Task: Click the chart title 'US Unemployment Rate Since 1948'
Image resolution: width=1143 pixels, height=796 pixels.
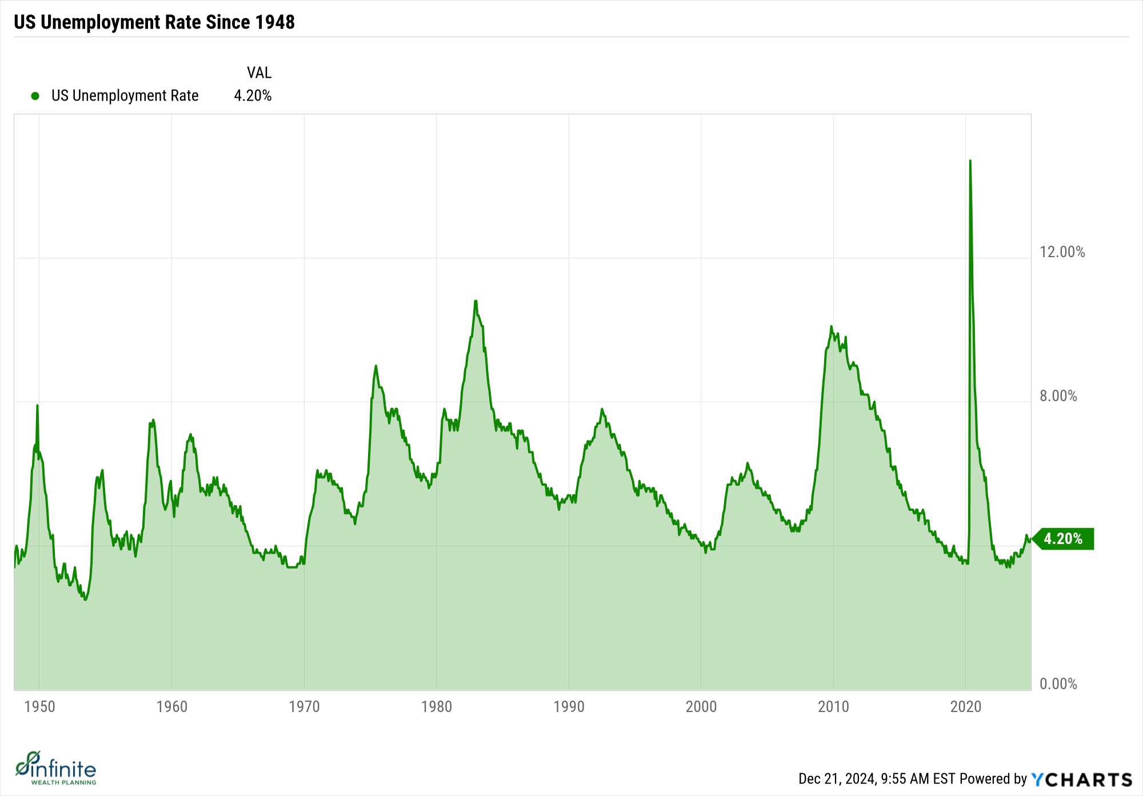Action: (x=154, y=22)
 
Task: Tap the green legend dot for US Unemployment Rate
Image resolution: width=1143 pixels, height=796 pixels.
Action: (x=35, y=96)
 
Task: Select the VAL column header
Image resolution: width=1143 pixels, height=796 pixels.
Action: (x=259, y=73)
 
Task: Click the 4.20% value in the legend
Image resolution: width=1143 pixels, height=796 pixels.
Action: (x=253, y=95)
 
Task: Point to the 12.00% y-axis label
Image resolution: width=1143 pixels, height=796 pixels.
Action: (x=1062, y=252)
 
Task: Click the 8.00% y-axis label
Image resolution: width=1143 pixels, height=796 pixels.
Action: (x=1058, y=396)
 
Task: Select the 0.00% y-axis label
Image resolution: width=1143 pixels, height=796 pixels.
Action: (x=1058, y=684)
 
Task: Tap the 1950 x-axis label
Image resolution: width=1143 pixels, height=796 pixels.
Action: (x=40, y=707)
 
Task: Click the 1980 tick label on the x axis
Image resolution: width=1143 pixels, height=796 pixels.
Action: (x=437, y=707)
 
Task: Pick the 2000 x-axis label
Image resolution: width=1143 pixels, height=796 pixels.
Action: (x=701, y=707)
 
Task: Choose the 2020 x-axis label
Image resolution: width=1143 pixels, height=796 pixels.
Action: (x=966, y=707)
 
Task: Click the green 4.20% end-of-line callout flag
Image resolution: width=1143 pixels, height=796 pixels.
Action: (x=1063, y=539)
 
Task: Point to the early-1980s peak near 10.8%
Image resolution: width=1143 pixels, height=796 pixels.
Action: (x=475, y=301)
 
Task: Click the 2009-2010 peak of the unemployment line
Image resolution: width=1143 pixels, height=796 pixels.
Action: (x=832, y=327)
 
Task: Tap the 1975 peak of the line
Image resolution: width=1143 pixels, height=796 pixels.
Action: (x=375, y=366)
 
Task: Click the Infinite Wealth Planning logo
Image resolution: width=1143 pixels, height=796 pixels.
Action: (x=56, y=768)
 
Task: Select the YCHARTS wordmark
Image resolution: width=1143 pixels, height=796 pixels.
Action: (x=1082, y=779)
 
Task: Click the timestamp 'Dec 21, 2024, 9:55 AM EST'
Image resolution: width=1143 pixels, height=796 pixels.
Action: (x=877, y=779)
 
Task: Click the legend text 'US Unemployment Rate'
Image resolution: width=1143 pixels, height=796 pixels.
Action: (x=125, y=95)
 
